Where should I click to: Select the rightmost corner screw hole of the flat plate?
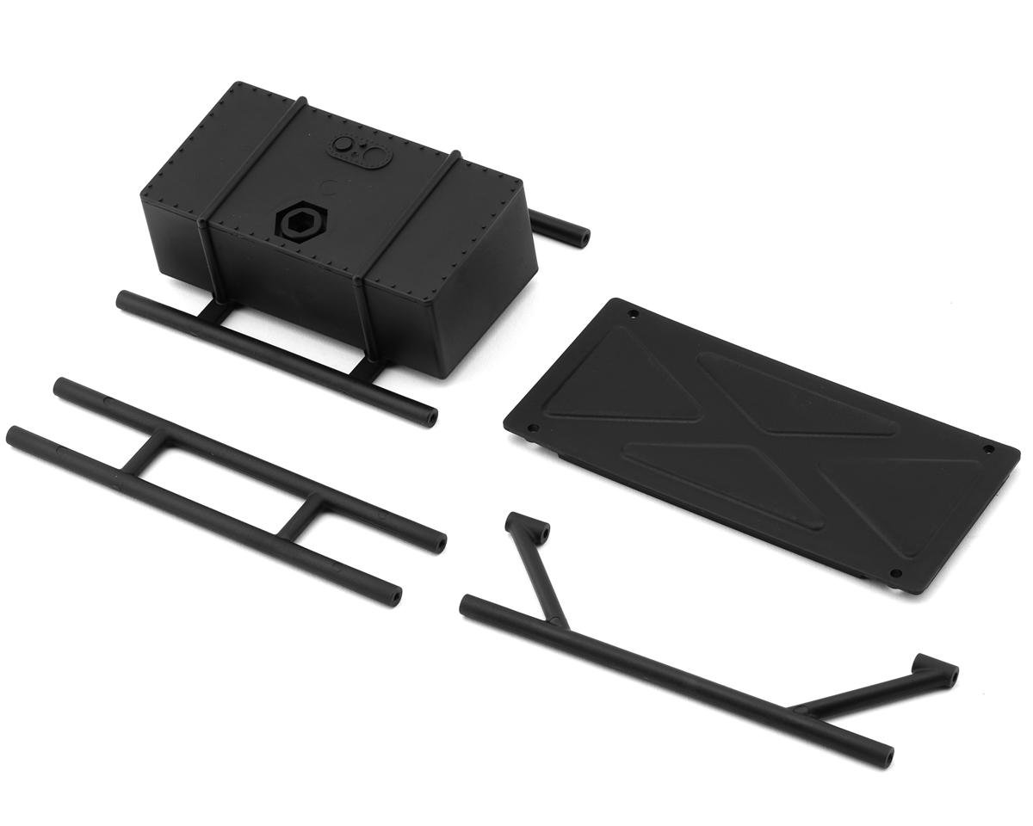987,449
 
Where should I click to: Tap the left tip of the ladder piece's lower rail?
14,435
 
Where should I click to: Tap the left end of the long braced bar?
467,604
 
